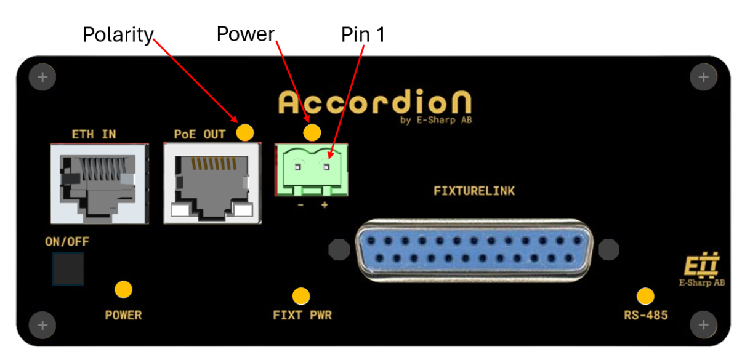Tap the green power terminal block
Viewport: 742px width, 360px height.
(312, 169)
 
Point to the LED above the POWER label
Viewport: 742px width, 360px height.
(124, 289)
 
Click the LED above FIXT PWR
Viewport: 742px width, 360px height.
(301, 296)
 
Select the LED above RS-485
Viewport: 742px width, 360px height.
(645, 296)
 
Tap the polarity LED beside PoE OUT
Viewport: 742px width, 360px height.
(245, 131)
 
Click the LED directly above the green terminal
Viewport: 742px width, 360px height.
(313, 132)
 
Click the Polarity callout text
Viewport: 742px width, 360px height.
(118, 36)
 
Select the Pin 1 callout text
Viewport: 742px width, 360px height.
(363, 36)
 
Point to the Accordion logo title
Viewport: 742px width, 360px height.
(374, 102)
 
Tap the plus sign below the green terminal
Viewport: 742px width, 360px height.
(325, 204)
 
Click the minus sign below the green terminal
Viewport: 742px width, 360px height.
(300, 204)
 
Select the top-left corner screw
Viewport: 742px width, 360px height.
(42, 78)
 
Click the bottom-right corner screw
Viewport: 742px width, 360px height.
(703, 324)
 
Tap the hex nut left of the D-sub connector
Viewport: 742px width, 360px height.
(339, 249)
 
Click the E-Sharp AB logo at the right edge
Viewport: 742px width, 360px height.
(702, 271)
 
